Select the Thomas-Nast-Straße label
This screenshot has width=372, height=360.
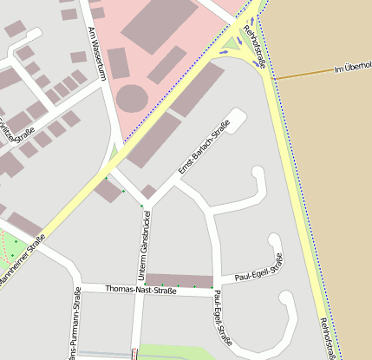point(140,290)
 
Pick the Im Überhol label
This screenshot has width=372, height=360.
point(352,69)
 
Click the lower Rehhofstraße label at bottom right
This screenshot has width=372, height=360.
point(329,338)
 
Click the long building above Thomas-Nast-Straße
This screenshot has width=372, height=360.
point(179,279)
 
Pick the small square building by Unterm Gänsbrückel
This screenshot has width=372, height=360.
point(148,191)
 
